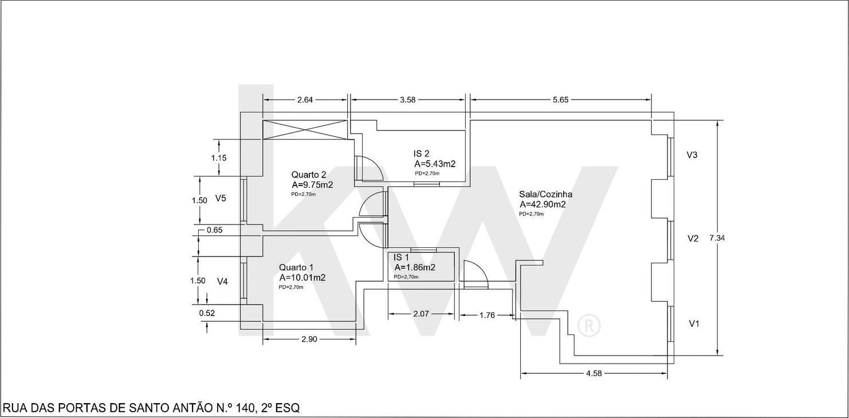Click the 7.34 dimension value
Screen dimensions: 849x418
[x=717, y=238]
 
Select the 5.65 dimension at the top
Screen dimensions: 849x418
[x=561, y=100]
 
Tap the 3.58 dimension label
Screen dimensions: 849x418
[x=408, y=100]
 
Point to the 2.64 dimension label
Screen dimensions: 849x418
[x=305, y=100]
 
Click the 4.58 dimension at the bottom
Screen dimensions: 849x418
[x=594, y=373]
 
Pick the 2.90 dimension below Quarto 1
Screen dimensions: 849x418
[x=309, y=339]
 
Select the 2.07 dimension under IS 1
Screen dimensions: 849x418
[x=421, y=314]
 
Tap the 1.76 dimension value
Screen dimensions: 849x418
[x=487, y=315]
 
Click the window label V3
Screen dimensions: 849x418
[x=692, y=155]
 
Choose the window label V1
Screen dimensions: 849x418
[x=694, y=324]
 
